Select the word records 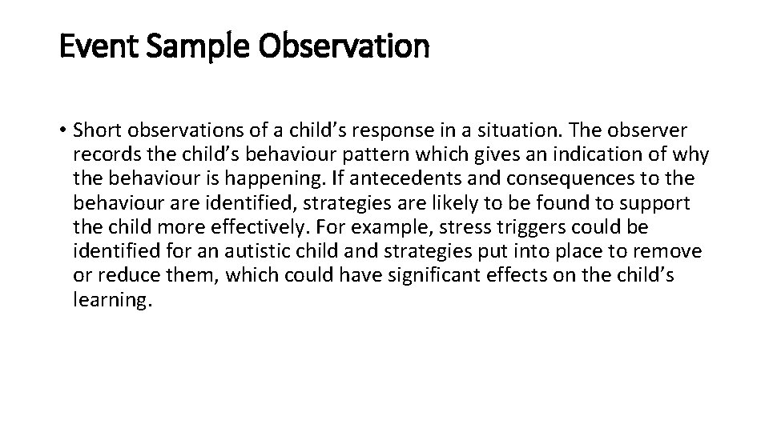click(100, 155)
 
